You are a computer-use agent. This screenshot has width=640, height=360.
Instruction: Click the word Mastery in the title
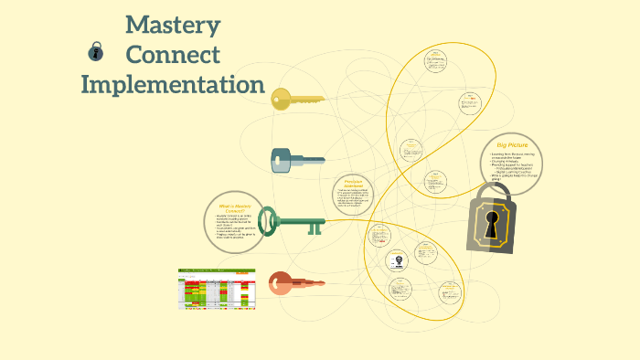(173, 24)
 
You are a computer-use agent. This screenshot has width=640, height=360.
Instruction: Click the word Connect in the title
(173, 54)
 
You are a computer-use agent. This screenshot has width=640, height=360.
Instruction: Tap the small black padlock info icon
(94, 52)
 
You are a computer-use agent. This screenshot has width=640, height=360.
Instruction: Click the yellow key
(296, 99)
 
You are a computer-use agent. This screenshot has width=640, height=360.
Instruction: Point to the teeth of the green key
(314, 226)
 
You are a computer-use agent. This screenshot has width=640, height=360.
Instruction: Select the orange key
(294, 283)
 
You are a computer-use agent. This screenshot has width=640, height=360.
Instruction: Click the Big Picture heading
(512, 146)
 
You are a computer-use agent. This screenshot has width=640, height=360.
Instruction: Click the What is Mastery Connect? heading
(229, 207)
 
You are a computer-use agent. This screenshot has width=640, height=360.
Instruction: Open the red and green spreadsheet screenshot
(217, 290)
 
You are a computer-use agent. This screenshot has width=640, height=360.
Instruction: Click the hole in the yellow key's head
(279, 99)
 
